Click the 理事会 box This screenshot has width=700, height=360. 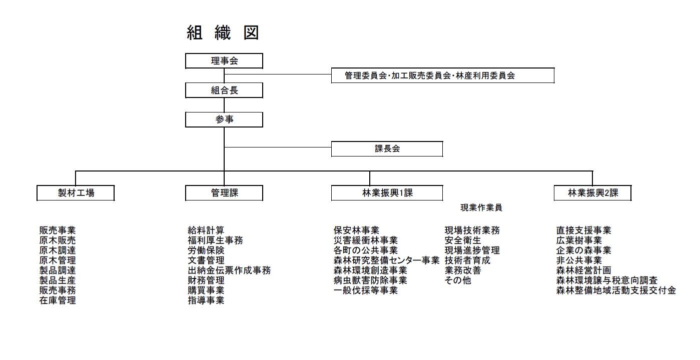224,61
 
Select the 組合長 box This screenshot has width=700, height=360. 224,90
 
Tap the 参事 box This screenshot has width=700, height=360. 224,119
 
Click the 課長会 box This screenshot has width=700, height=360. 387,148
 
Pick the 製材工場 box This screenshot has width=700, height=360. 76,193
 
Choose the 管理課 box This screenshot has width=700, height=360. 224,193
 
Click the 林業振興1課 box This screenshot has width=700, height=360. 387,193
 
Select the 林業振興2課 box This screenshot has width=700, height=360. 592,193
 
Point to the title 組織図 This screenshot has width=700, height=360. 223,32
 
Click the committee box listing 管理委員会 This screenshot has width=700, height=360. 443,75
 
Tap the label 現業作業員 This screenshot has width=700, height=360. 481,207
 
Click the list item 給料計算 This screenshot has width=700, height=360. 206,230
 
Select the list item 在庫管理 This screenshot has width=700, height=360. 58,300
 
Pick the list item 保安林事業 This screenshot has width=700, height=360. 356,230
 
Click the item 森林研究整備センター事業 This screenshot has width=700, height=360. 387,260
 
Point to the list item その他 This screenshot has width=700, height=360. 458,280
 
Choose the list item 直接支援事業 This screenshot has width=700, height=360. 583,230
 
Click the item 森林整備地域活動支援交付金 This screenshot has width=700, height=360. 616,290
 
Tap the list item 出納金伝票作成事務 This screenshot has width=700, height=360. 229,270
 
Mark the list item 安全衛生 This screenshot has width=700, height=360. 463,240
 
